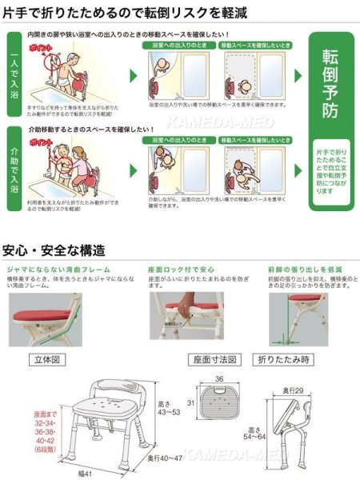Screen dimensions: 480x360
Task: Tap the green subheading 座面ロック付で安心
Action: (x=184, y=270)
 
